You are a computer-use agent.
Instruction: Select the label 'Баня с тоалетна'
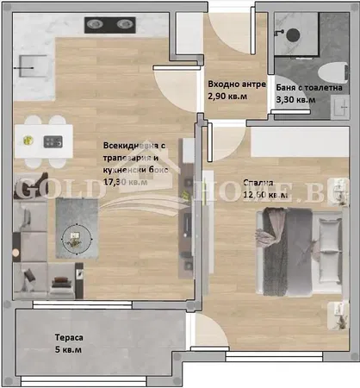(309, 88)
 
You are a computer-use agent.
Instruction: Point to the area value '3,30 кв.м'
(295, 101)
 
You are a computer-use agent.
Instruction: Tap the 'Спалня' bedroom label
(258, 184)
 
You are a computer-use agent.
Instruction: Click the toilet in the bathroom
(328, 71)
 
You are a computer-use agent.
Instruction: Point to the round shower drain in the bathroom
(294, 34)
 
